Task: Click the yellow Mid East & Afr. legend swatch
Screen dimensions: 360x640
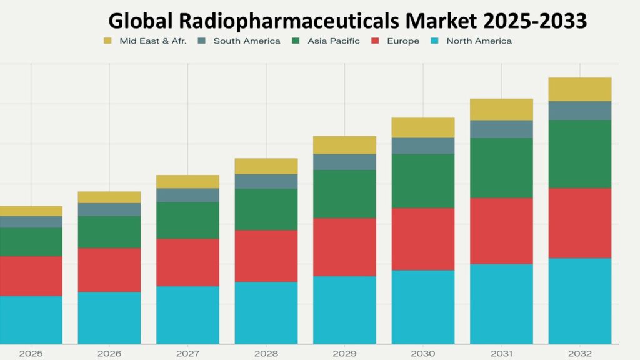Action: (x=107, y=41)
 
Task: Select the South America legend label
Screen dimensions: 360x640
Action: (x=246, y=41)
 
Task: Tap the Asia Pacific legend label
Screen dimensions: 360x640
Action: (x=333, y=41)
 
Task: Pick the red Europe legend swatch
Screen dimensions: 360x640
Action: (x=375, y=41)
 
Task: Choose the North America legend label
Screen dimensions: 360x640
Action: (x=479, y=41)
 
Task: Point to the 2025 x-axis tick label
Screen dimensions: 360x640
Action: (x=31, y=354)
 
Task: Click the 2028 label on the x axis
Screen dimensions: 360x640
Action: (x=266, y=354)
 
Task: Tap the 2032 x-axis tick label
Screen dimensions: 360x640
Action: (x=580, y=354)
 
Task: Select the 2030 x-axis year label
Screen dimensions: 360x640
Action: (x=423, y=354)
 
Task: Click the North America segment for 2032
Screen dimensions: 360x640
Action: (x=580, y=301)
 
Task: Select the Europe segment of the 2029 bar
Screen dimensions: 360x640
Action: (x=344, y=247)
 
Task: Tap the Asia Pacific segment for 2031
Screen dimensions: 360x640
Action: (x=501, y=167)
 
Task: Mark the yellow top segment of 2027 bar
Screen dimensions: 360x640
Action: (x=187, y=181)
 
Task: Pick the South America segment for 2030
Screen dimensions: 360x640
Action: (x=423, y=145)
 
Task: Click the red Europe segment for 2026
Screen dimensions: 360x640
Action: (x=109, y=270)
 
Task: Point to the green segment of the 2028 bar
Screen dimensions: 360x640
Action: (x=266, y=209)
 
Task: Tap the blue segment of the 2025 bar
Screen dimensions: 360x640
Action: (x=31, y=319)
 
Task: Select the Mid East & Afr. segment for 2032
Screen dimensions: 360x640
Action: (x=580, y=89)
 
